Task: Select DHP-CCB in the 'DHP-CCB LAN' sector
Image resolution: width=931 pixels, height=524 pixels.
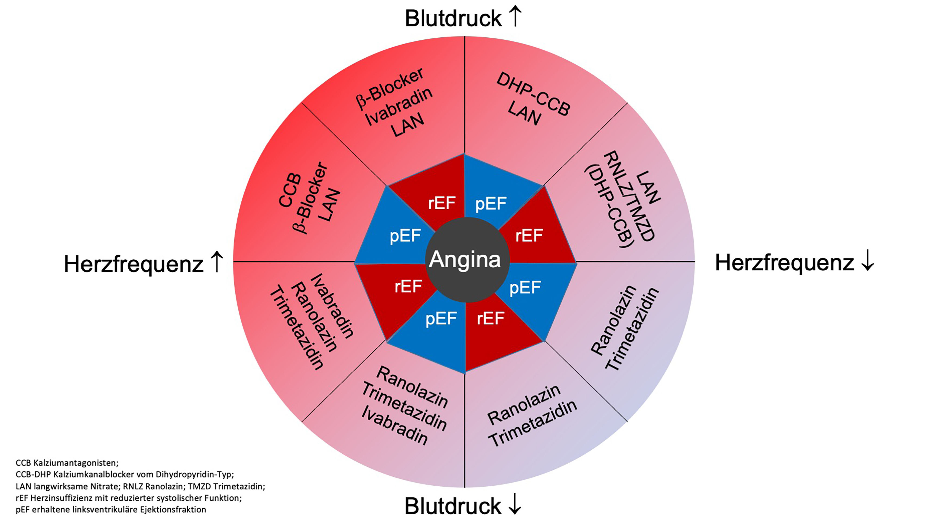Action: (x=533, y=94)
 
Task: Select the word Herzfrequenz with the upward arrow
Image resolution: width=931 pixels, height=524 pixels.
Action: (x=134, y=264)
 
